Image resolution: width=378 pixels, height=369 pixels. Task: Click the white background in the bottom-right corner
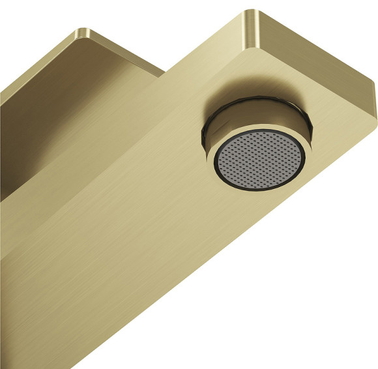point(339,326)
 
